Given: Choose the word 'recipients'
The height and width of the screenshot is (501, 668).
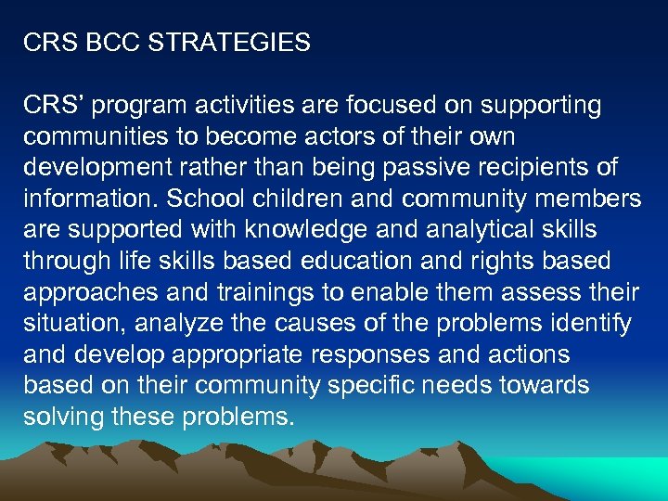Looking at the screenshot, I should point(536,168).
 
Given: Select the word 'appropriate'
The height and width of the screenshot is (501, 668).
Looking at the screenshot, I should point(247,355).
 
